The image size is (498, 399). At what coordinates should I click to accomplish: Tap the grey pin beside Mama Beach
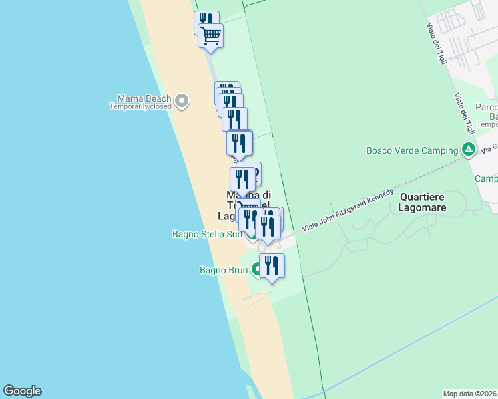pyautogui.click(x=182, y=102)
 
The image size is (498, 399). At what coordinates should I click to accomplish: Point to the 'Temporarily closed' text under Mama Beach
pyautogui.click(x=140, y=106)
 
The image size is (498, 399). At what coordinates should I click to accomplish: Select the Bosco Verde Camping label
pyautogui.click(x=411, y=150)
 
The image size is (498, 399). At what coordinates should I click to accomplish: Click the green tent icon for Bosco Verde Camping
pyautogui.click(x=469, y=150)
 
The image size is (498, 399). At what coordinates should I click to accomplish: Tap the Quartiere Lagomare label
pyautogui.click(x=423, y=202)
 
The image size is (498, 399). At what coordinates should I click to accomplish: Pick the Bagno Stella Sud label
pyautogui.click(x=206, y=234)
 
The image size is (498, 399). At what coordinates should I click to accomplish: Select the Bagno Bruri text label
pyautogui.click(x=224, y=270)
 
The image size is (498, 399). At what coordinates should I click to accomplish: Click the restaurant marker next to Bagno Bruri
pyautogui.click(x=272, y=265)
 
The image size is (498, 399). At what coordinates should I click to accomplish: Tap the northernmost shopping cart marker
pyautogui.click(x=211, y=35)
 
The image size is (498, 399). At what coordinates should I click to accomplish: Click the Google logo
pyautogui.click(x=22, y=391)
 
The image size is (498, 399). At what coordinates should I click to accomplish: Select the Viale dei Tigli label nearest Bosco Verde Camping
pyautogui.click(x=465, y=113)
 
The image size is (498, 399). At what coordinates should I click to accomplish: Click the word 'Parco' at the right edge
pyautogui.click(x=487, y=108)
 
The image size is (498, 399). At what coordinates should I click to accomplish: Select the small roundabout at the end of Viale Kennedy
pyautogui.click(x=262, y=248)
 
